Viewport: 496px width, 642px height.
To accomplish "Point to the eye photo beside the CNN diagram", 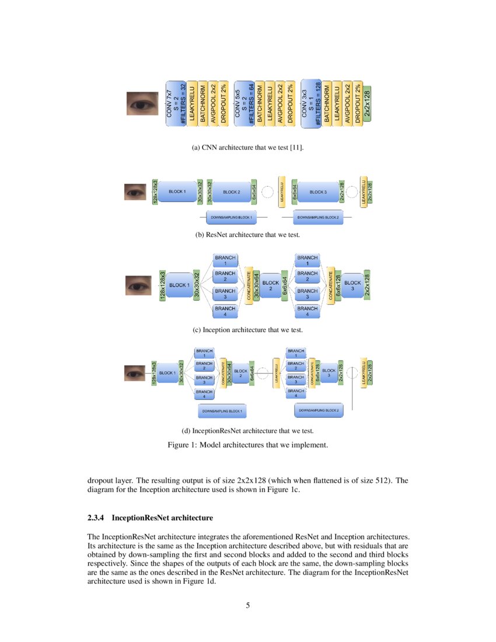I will click(142, 103).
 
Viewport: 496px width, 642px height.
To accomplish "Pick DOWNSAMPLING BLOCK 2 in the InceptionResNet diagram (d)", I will click(319, 410).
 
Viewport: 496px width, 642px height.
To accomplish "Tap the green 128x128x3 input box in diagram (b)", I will click(155, 191).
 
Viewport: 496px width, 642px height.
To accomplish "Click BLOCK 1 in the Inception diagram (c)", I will click(178, 285).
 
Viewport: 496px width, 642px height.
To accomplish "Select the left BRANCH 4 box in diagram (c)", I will click(225, 311).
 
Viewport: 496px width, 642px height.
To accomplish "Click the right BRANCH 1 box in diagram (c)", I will click(307, 260).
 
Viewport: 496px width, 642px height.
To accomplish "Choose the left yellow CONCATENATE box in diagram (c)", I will click(249, 285).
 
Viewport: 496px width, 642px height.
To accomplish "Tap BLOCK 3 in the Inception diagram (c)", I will click(352, 285).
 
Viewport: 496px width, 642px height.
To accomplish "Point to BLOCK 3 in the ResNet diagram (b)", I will click(318, 191).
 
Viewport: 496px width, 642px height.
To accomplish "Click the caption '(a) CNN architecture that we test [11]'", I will click(248, 148).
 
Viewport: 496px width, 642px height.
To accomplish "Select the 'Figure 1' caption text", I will click(248, 445).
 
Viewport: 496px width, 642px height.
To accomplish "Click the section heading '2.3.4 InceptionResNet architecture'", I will click(150, 518).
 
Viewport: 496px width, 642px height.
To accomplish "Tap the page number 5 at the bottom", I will click(248, 605).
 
